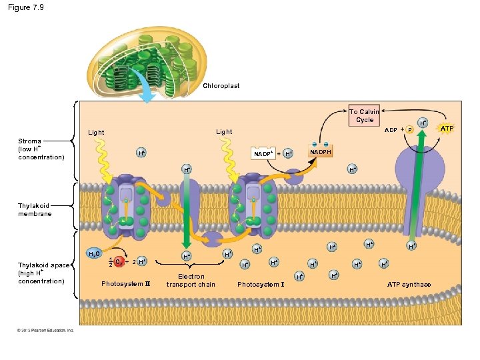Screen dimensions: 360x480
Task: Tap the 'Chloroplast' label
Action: click(221, 86)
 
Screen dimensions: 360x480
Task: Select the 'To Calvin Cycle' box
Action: click(364, 116)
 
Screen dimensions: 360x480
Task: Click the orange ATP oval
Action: click(447, 127)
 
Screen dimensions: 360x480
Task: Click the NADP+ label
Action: click(263, 154)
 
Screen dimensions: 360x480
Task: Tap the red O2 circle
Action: click(118, 261)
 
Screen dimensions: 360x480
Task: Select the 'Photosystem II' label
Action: click(126, 285)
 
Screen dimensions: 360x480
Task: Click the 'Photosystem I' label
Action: click(261, 285)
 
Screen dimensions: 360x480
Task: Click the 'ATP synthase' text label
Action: click(409, 285)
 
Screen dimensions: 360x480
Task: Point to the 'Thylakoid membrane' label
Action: click(35, 210)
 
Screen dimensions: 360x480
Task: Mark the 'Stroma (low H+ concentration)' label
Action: click(41, 149)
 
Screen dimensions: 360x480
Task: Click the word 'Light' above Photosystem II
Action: click(96, 133)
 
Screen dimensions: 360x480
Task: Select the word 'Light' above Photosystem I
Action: click(224, 132)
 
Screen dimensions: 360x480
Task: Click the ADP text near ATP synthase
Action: click(391, 129)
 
